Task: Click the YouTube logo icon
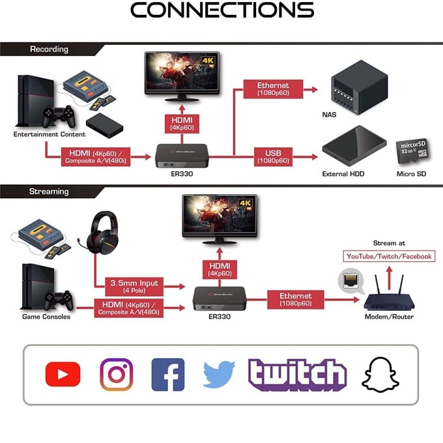point(63,374)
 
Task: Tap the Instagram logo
point(117,375)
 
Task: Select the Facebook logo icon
point(168,375)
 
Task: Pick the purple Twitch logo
point(298,375)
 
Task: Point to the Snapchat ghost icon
point(380,375)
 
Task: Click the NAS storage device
point(360,87)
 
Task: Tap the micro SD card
point(413,151)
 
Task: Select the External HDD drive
point(354,146)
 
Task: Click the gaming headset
point(102,235)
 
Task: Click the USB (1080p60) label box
point(273,157)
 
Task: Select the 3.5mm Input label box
point(134,287)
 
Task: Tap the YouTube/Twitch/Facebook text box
point(389,256)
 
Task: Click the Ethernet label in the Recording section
point(273,89)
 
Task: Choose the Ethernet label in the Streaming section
point(296,300)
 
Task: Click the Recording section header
point(49,49)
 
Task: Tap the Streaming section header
point(49,192)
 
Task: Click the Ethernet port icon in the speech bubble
point(350,280)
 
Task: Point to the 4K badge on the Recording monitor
point(208,60)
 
